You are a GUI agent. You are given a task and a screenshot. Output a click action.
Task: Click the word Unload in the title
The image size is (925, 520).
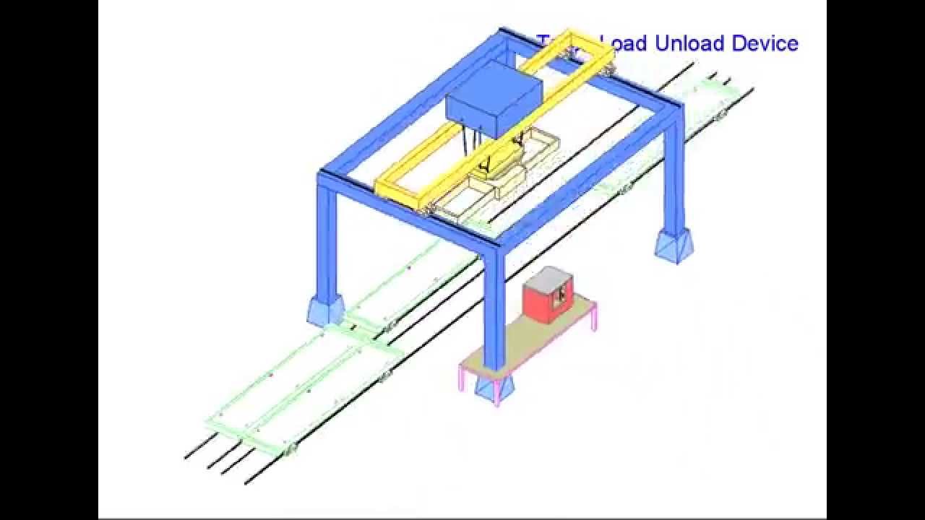(x=689, y=43)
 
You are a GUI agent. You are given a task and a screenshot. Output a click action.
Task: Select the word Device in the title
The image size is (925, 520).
(x=765, y=43)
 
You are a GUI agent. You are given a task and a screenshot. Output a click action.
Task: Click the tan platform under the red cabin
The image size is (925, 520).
(x=528, y=339)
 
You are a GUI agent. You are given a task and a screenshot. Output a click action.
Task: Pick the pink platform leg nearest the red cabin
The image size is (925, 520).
(x=594, y=318)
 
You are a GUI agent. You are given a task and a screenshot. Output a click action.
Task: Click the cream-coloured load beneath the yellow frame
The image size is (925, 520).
(x=506, y=173)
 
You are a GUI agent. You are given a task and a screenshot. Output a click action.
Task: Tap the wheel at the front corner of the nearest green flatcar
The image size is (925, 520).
(x=291, y=451)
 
